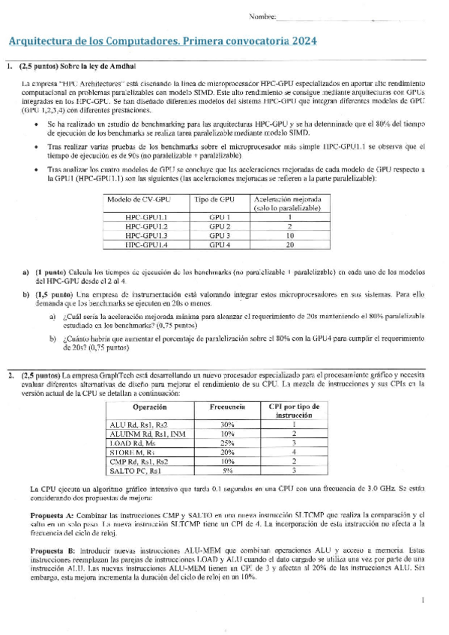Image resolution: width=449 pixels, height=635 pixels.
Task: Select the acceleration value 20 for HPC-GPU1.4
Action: (289, 243)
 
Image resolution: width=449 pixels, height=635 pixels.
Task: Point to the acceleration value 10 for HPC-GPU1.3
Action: (289, 234)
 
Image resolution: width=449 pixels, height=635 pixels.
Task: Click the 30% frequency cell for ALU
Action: (227, 425)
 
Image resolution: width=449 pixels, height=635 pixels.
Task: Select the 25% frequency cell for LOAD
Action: (227, 443)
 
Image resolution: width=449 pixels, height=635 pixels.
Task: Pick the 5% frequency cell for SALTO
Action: (227, 470)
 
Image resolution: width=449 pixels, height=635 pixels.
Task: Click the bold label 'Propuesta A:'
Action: (52, 516)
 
